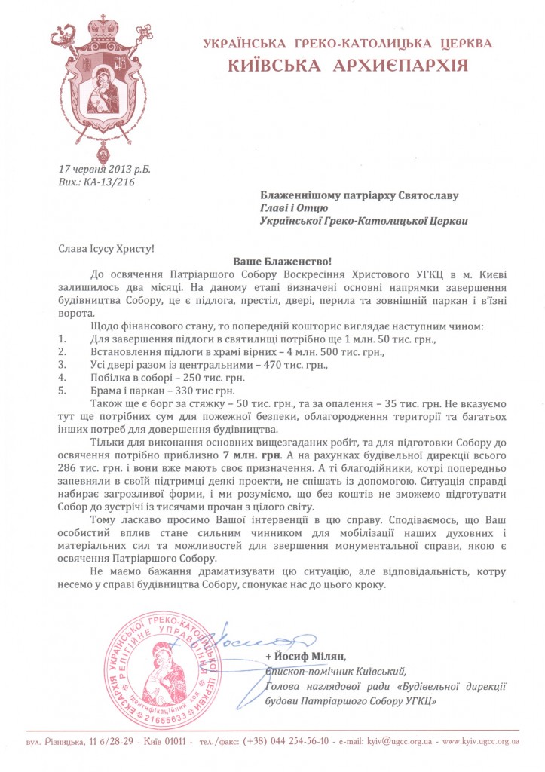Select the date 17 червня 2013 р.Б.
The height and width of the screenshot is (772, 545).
click(x=104, y=172)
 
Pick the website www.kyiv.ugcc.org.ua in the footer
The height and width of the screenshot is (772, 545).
click(x=481, y=741)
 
